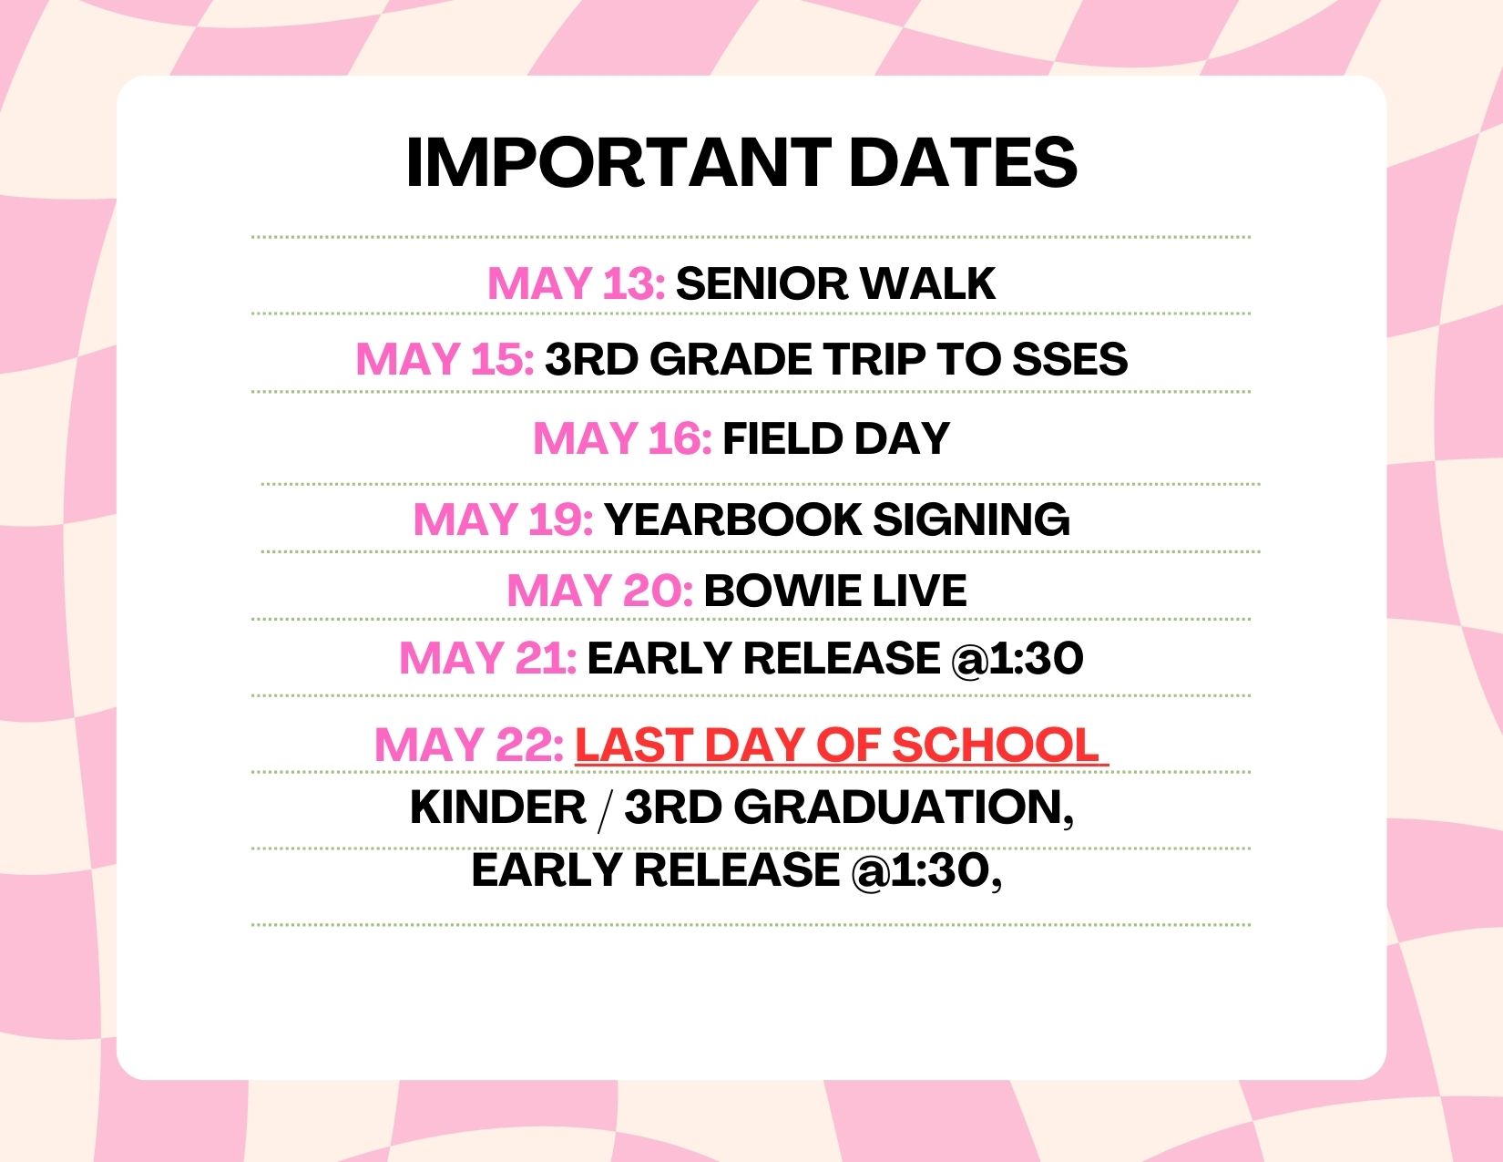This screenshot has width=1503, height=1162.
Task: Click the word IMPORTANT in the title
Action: pos(619,162)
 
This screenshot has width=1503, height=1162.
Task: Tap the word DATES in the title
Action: pos(963,162)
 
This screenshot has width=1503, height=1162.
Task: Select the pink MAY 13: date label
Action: pos(577,283)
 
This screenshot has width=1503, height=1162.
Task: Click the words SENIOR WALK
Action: pos(835,283)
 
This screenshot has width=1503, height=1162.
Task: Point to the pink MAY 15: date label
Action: pos(445,359)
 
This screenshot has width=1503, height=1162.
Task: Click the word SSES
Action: pos(1070,359)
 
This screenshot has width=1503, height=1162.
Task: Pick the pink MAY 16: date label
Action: pos(622,438)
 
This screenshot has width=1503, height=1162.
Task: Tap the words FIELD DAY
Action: pos(836,438)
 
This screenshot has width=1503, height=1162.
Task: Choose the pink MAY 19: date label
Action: pos(503,519)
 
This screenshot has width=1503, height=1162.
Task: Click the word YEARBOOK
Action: pos(733,519)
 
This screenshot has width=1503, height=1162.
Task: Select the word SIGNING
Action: pos(971,519)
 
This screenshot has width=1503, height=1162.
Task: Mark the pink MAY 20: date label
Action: pos(599,591)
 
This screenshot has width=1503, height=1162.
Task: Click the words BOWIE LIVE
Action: pos(834,591)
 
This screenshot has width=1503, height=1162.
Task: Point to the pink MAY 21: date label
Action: pos(487,657)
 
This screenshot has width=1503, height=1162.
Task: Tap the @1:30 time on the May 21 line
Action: pos(1017,658)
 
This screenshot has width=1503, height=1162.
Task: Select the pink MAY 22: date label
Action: pos(469,746)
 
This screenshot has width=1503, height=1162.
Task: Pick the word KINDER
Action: pos(498,807)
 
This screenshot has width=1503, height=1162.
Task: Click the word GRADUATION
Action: pos(898,807)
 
